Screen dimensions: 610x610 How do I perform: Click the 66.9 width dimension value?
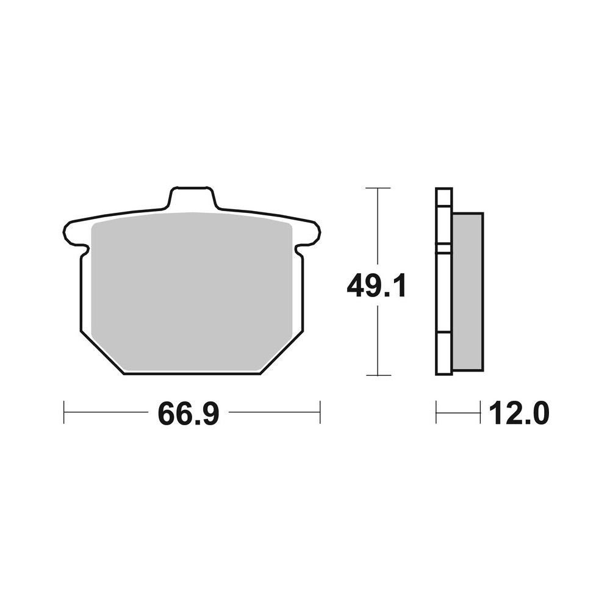pos(188,414)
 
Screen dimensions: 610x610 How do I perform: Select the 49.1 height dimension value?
pos(376,286)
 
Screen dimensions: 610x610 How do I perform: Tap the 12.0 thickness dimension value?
pos(518,414)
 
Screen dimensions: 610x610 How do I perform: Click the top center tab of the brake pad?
pos(192,198)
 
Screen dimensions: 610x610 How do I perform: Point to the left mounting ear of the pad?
pos(73,233)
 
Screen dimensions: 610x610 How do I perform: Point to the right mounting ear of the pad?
pos(310,233)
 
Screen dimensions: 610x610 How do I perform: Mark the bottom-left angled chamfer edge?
pos(102,353)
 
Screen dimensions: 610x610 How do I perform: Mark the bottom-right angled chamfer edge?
pos(282,353)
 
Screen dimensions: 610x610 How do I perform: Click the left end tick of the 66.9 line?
pos(64,412)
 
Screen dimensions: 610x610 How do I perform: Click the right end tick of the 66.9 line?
pos(320,412)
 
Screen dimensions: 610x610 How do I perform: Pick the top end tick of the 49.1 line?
pos(378,188)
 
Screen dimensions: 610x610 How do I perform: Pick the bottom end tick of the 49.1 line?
pos(378,375)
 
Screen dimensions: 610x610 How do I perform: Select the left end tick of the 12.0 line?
pos(436,412)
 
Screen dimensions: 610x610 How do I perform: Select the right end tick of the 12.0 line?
pos(481,412)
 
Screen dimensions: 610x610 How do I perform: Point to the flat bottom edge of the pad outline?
pos(192,374)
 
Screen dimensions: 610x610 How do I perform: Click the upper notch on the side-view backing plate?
pos(443,248)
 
